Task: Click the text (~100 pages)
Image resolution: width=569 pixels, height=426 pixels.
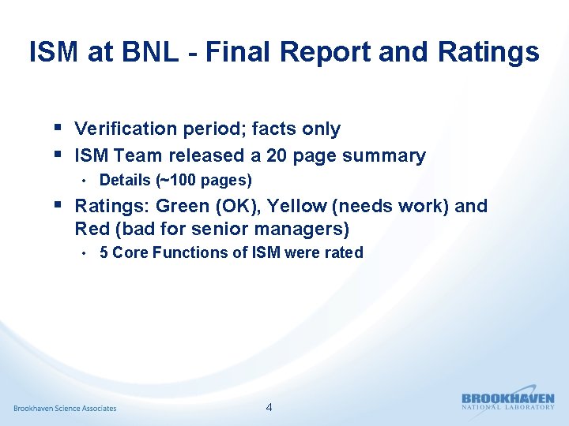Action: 205,181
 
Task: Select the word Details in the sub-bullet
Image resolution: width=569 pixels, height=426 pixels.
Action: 125,181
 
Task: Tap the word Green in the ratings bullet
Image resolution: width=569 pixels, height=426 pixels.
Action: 182,206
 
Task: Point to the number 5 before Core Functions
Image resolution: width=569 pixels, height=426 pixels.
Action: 104,253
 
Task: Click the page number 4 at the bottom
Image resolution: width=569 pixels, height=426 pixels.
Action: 269,408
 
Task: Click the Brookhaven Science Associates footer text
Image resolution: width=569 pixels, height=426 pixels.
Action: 65,408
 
